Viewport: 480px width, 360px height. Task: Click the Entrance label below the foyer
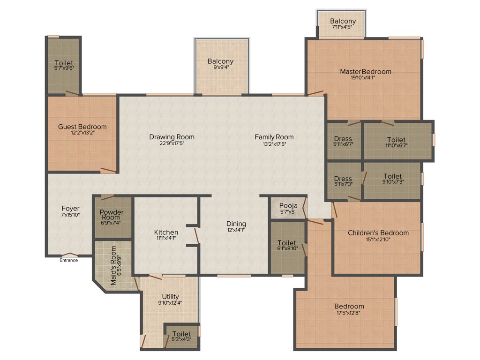point(68,260)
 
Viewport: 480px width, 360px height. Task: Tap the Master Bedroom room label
point(366,72)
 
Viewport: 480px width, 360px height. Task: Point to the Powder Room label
point(112,215)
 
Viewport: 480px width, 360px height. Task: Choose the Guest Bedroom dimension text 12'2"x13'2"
point(82,133)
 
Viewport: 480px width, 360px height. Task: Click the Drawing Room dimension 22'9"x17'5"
point(172,144)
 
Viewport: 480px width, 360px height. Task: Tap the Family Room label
point(274,137)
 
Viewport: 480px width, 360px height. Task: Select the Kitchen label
point(166,232)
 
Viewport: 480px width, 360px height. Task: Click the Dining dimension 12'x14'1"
point(236,230)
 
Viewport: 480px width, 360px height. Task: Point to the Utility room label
point(170,297)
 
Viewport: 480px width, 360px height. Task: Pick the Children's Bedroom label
point(378,232)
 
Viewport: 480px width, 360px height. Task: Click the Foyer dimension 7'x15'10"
point(70,215)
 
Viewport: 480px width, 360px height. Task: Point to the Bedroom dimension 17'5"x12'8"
point(350,313)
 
